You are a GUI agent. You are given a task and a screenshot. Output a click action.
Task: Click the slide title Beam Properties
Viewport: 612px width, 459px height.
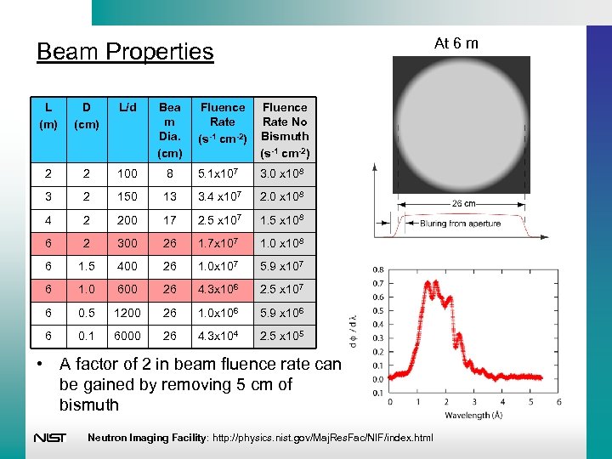[x=125, y=52]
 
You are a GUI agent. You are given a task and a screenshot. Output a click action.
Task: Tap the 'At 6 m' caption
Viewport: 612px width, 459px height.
[x=456, y=42]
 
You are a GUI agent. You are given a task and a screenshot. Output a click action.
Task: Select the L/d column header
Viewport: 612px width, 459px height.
[x=127, y=108]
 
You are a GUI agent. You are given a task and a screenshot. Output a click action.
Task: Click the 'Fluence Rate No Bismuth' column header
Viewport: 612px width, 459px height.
[x=285, y=129]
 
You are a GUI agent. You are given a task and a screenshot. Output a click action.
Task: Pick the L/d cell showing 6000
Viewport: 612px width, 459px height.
[x=127, y=336]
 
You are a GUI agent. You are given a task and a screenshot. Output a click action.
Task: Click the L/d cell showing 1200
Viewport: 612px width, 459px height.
[x=127, y=313]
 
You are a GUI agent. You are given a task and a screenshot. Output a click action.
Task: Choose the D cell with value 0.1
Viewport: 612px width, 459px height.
[x=85, y=336]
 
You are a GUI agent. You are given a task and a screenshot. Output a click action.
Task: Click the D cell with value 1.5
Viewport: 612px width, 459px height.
[x=85, y=267]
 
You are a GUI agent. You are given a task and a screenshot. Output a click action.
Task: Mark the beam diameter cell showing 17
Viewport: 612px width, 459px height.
[x=170, y=221]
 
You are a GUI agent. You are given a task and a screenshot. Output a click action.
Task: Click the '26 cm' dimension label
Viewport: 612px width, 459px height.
[x=462, y=204]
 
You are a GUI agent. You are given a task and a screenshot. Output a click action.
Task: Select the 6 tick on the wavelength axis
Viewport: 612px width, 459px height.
[x=558, y=402]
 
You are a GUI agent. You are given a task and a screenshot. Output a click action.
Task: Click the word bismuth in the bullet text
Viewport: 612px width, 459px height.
[x=89, y=405]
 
